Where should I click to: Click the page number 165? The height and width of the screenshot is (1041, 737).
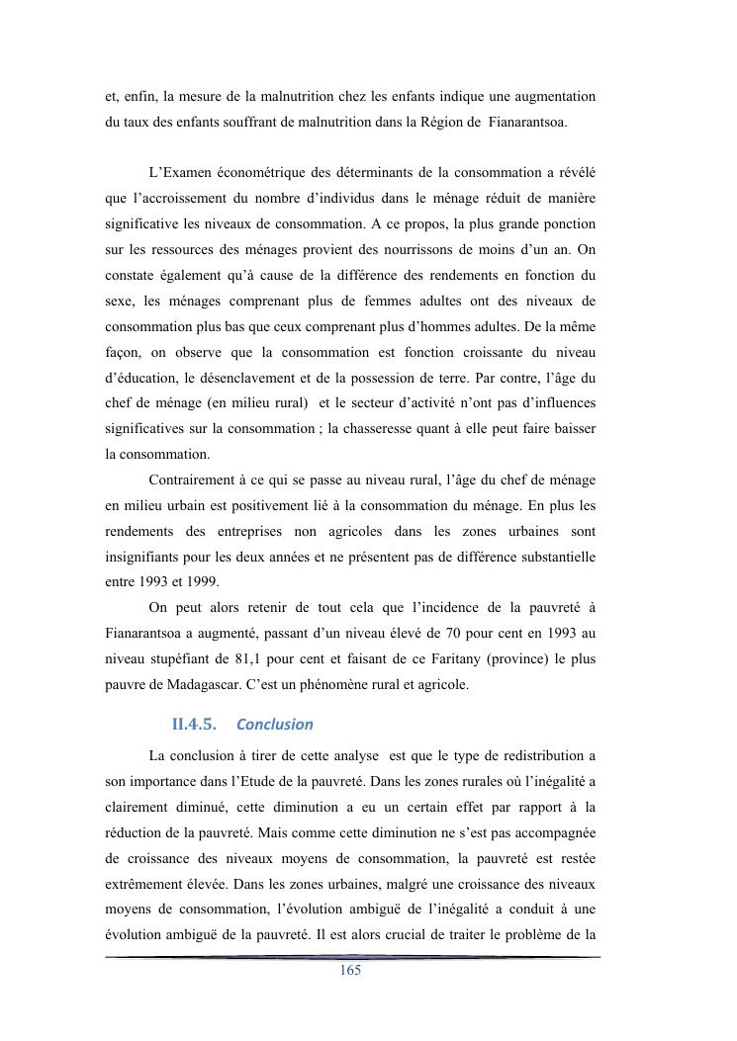pos(350,971)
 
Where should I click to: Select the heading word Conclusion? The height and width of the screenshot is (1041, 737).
pos(275,724)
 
